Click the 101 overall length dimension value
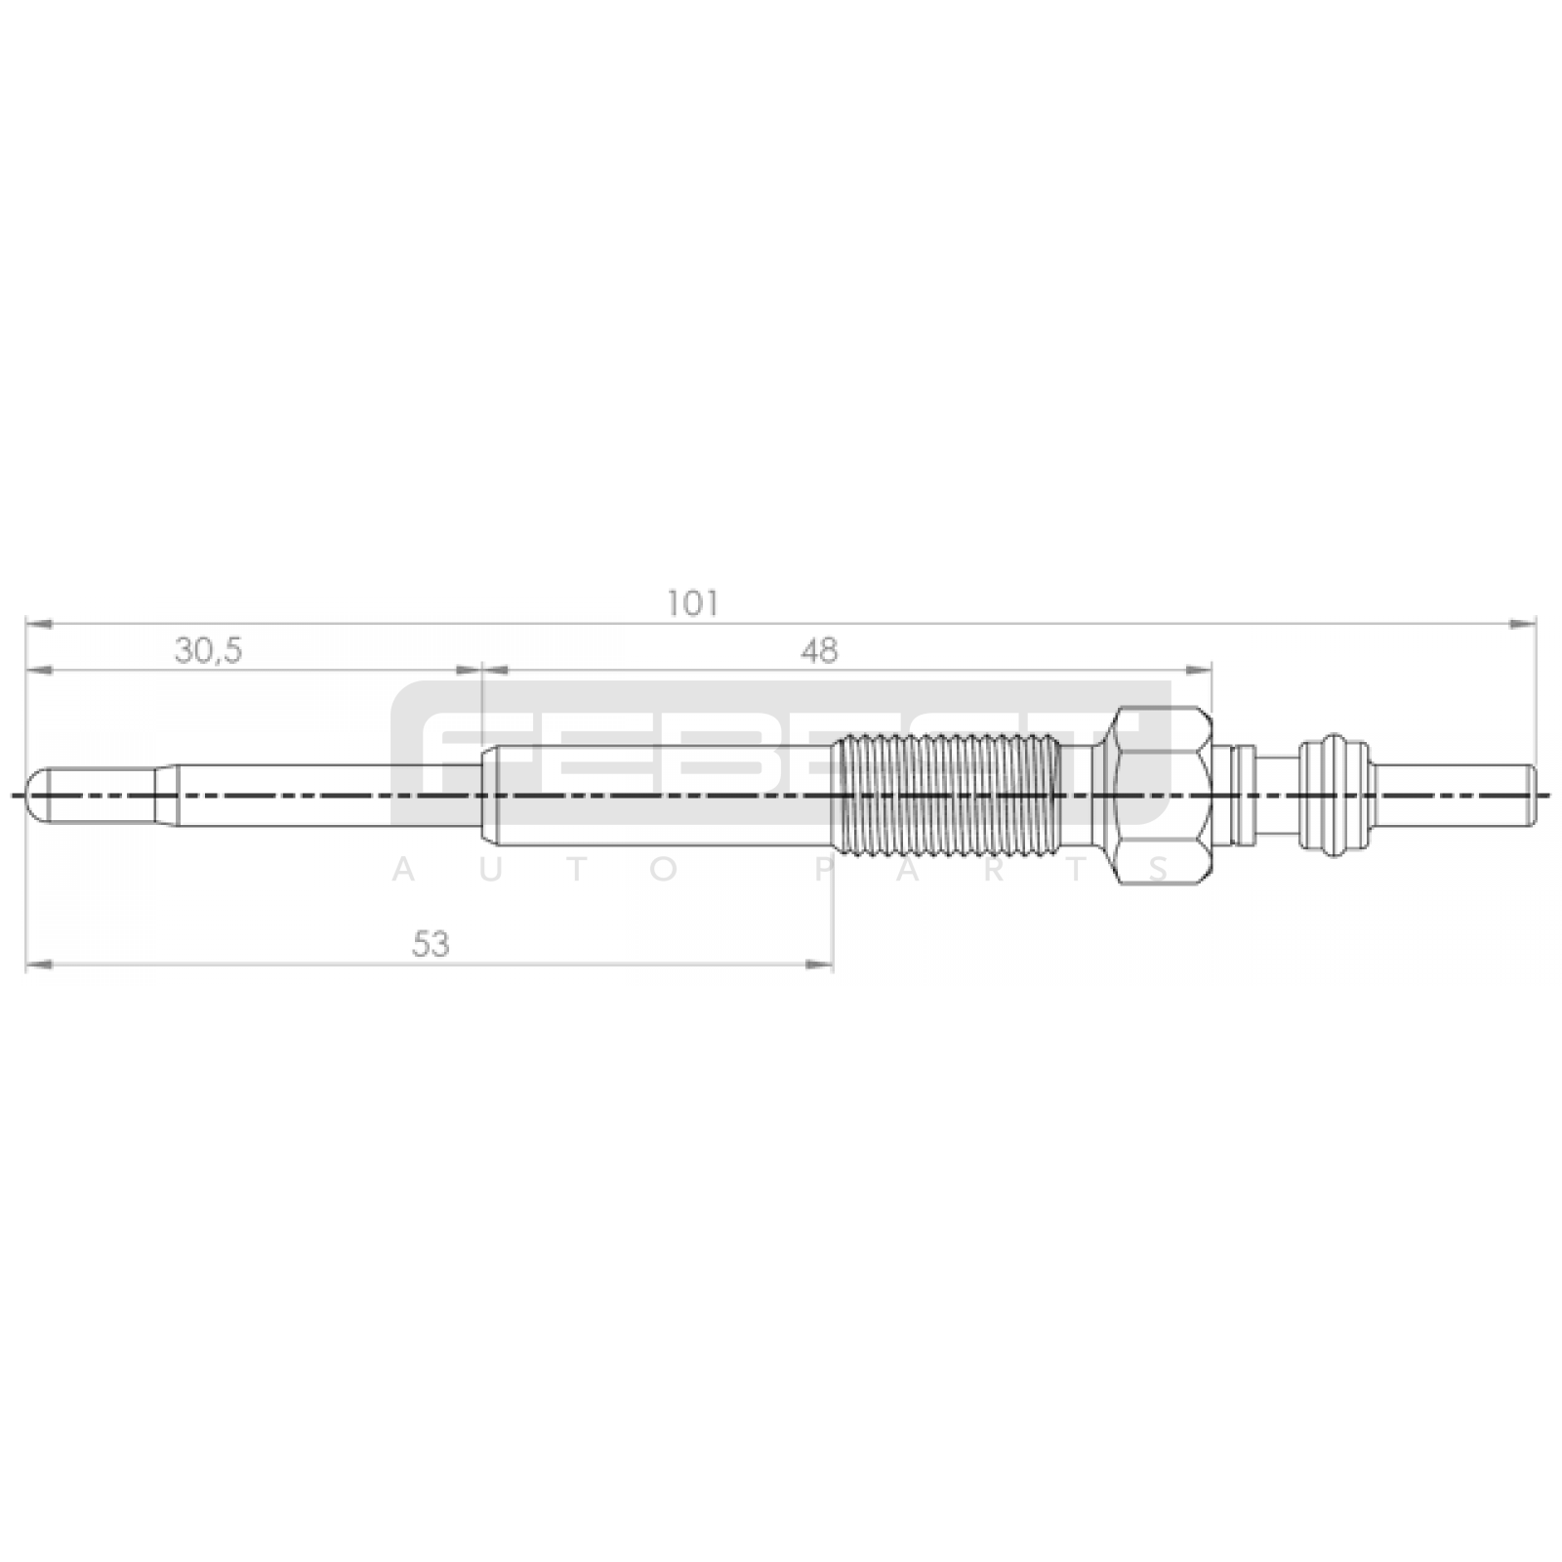coord(692,604)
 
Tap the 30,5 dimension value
coord(208,651)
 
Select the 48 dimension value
coord(821,650)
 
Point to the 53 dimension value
coord(431,944)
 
